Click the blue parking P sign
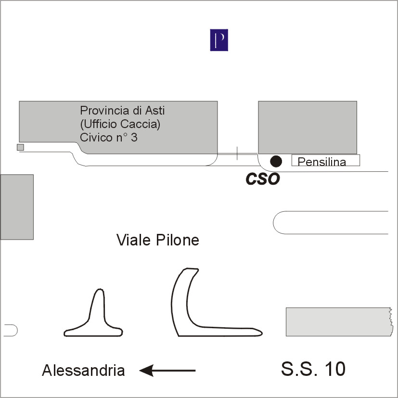(219, 40)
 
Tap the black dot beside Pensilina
(275, 161)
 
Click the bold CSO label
(262, 179)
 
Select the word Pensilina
(321, 162)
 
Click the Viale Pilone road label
(158, 240)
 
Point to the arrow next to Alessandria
(167, 370)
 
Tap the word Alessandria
(83, 371)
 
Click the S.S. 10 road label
(313, 369)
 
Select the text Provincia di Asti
(122, 111)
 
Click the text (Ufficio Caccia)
(120, 124)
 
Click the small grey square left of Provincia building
(20, 147)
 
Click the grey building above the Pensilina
(307, 127)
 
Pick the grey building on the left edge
(16, 206)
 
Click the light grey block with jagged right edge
(338, 321)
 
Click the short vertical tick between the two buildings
(237, 153)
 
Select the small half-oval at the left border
(10, 330)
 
